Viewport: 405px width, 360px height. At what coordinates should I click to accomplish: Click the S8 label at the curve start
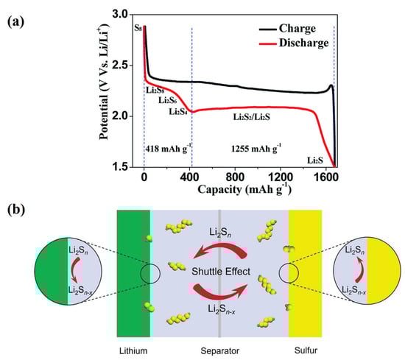point(138,28)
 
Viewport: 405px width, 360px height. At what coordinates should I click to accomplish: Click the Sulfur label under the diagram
point(305,347)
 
